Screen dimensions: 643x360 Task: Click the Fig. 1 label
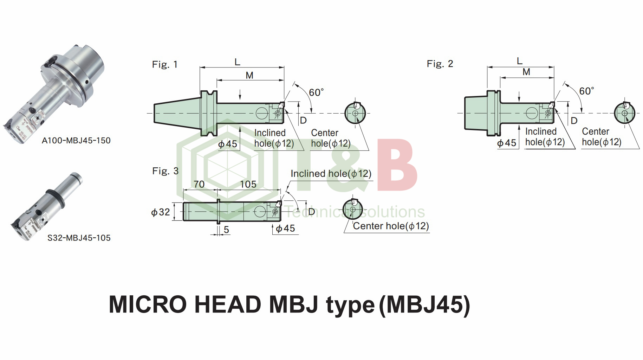pyautogui.click(x=165, y=64)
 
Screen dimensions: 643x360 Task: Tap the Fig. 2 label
pyautogui.click(x=440, y=64)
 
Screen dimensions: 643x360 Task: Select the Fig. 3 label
pyautogui.click(x=165, y=171)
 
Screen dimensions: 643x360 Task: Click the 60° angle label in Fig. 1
pyautogui.click(x=316, y=92)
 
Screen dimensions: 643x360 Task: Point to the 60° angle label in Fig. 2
pyautogui.click(x=586, y=91)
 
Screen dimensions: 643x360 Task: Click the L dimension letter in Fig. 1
pyautogui.click(x=238, y=62)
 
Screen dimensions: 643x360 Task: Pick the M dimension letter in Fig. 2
pyautogui.click(x=526, y=72)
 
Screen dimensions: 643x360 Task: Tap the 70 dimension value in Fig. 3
pyautogui.click(x=199, y=184)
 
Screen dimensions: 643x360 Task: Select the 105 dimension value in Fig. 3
pyautogui.click(x=248, y=184)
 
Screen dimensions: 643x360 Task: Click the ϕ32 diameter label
pyautogui.click(x=161, y=212)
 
